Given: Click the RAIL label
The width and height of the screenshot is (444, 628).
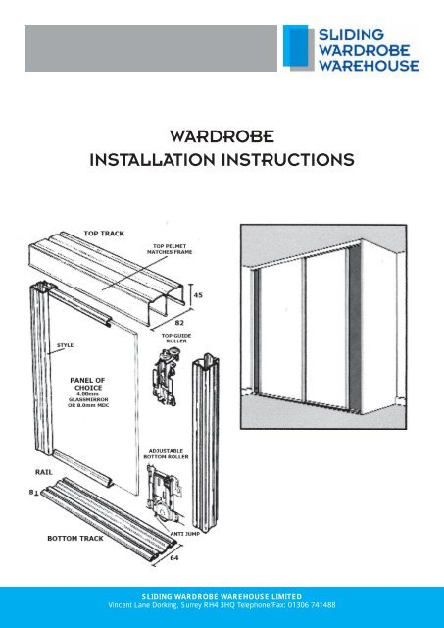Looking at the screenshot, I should point(35,470).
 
